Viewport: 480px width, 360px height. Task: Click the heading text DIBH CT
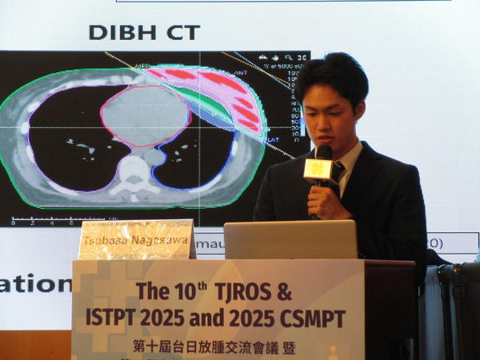[x=144, y=33]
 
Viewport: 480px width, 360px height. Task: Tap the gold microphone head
[x=318, y=168]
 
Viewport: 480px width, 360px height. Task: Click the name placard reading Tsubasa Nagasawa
[x=136, y=240]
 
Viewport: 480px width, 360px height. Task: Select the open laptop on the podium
[x=290, y=239]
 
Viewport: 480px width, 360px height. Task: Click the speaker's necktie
[x=338, y=171]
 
